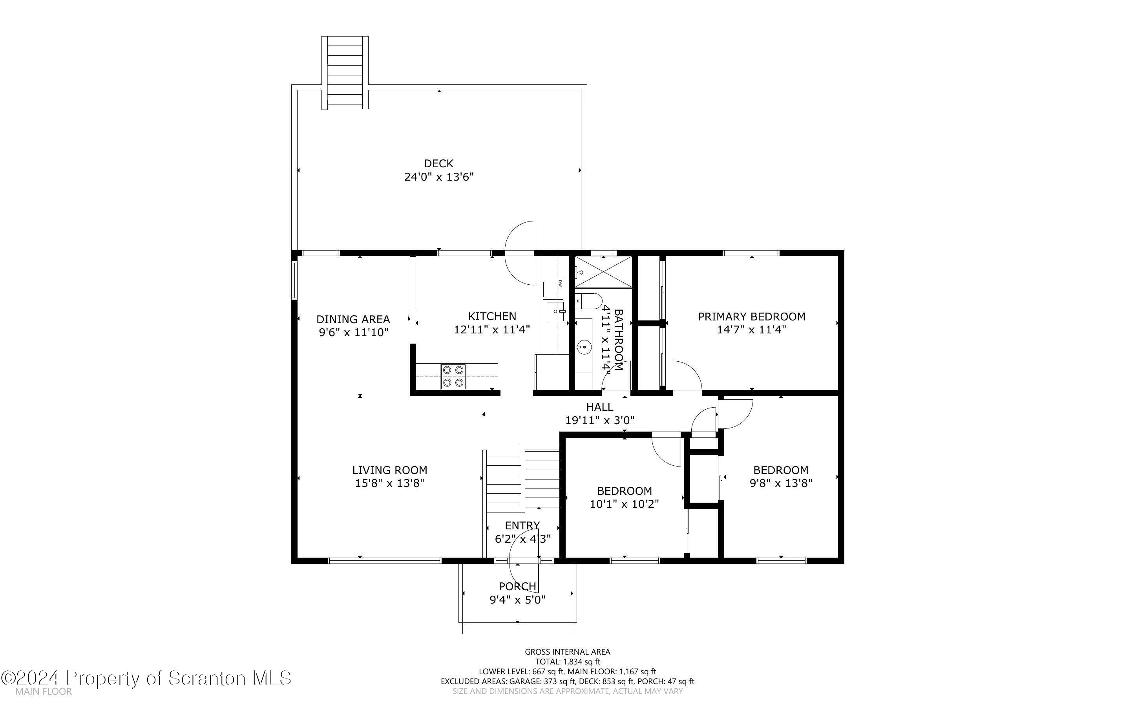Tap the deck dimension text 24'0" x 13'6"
439,177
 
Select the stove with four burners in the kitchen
453,377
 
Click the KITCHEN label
492,317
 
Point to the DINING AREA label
353,319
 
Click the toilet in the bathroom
588,301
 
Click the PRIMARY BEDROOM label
751,317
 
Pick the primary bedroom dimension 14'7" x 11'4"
751,329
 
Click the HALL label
600,407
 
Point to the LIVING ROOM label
389,470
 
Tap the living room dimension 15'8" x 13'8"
389,483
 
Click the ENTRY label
522,525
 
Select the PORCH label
517,587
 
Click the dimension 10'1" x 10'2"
624,504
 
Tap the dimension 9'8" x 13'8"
781,483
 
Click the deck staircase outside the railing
345,73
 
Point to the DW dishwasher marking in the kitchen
560,283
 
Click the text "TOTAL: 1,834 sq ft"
567,662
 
